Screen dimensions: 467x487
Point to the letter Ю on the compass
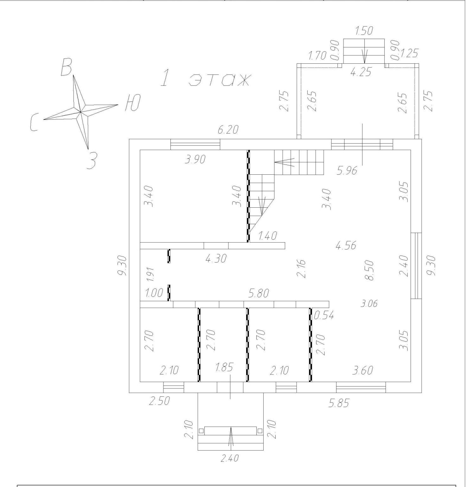[132, 103]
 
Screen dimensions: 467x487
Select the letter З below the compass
[91, 160]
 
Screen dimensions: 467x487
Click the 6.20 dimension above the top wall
[228, 130]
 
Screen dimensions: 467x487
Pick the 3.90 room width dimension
[195, 159]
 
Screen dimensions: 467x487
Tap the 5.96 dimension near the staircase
[347, 171]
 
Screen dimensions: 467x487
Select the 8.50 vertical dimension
[369, 270]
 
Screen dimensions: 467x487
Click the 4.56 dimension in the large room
[346, 245]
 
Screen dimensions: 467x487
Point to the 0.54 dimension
[324, 315]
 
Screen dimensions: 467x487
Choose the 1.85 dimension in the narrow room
[224, 367]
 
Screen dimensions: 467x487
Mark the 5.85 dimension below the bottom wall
[339, 403]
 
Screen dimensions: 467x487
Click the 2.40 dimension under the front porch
[229, 458]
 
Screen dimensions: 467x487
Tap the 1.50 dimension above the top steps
[364, 31]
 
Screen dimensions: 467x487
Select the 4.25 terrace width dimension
[361, 72]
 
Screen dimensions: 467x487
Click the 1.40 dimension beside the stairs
[268, 236]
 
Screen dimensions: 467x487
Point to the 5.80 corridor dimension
[259, 294]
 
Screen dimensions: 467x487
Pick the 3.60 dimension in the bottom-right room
[362, 370]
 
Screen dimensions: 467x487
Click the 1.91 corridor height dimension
[150, 274]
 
